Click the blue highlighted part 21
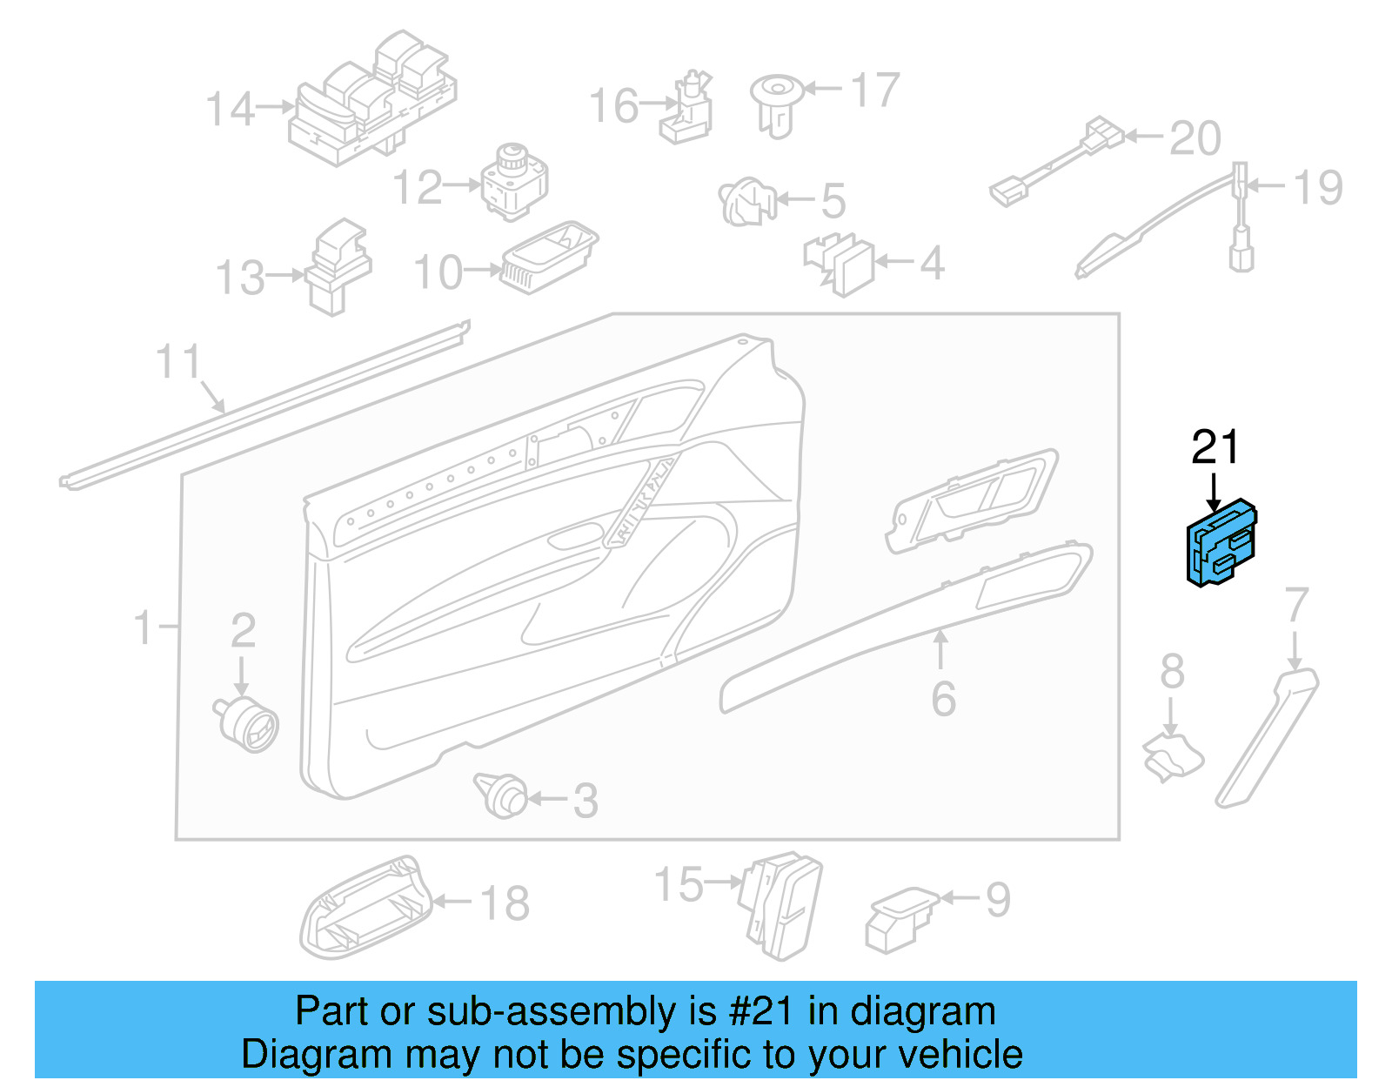1221,543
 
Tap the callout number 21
1215,447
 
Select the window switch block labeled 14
373,100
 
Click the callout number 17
874,91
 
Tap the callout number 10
438,273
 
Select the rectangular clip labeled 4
841,264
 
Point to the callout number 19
1317,188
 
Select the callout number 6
943,699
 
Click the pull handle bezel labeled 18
365,909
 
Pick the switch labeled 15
781,905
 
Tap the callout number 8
1172,671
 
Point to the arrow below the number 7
1295,651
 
